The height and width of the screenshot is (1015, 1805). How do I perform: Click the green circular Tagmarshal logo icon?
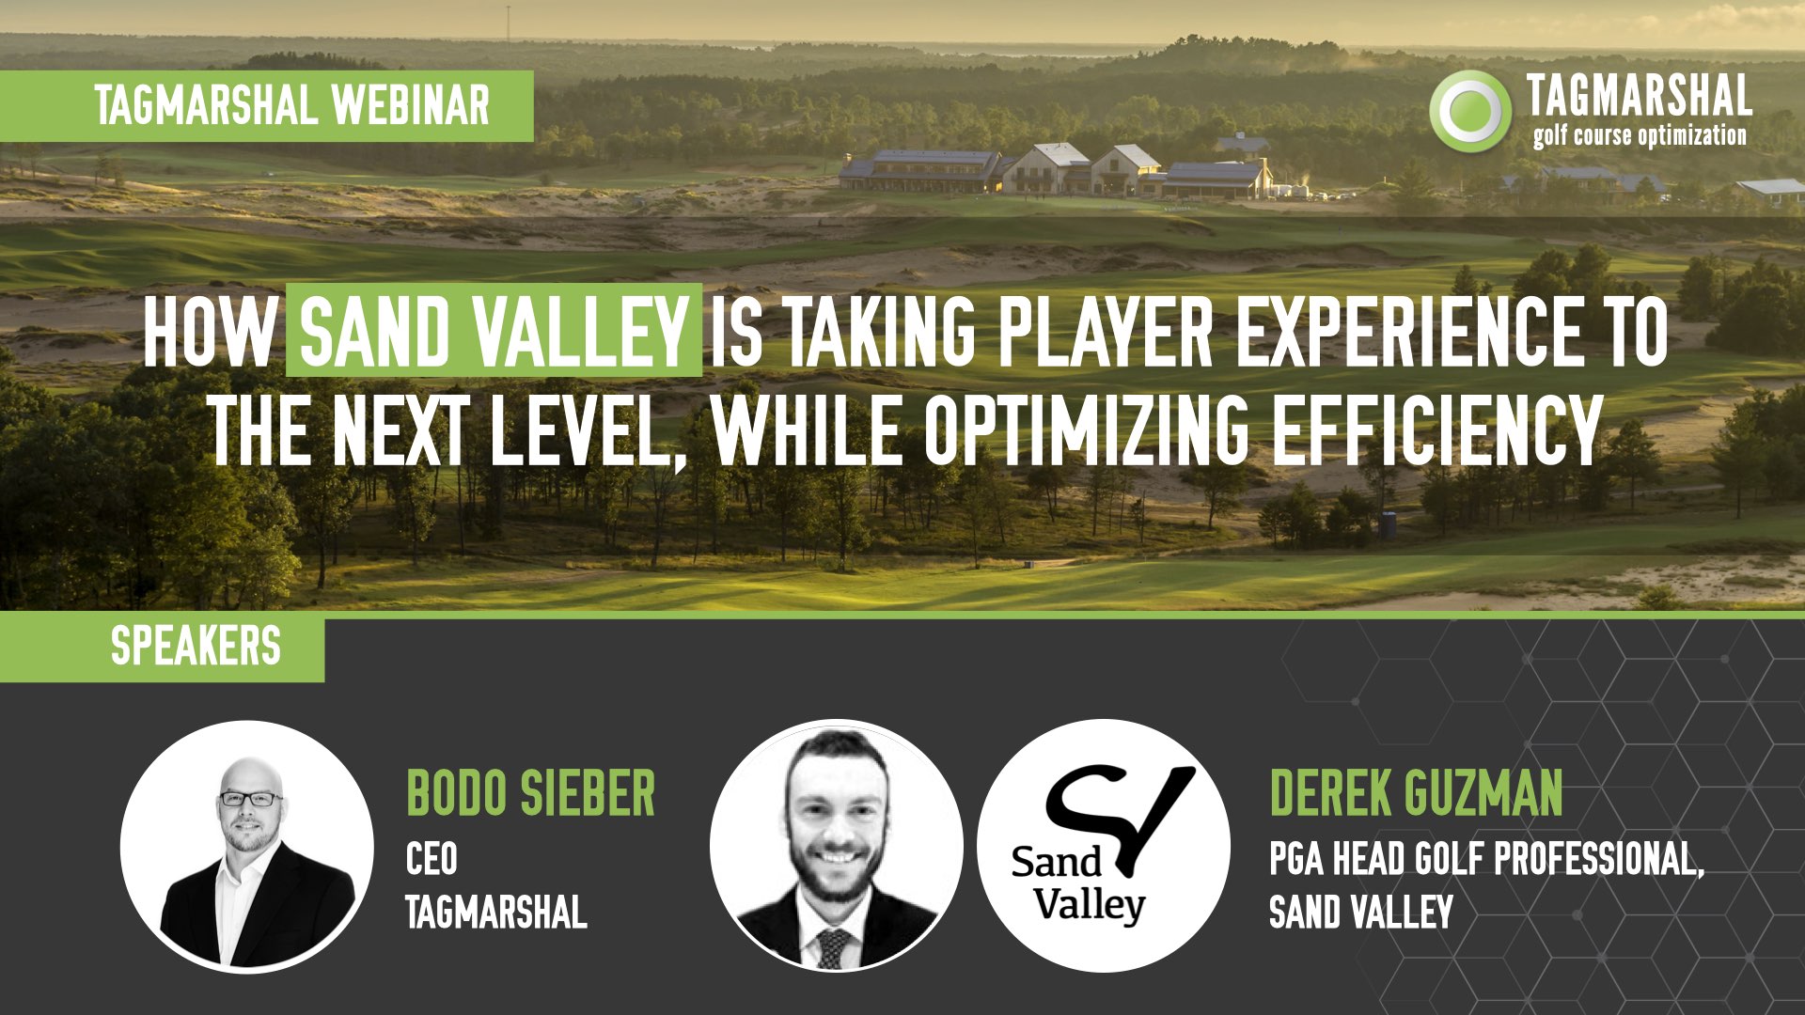[1470, 111]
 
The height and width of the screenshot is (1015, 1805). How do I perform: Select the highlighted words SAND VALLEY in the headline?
[494, 331]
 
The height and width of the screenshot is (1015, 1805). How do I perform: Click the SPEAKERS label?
[196, 647]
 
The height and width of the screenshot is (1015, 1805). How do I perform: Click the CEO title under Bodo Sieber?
[432, 858]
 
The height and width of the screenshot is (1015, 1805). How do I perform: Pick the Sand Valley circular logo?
[1104, 846]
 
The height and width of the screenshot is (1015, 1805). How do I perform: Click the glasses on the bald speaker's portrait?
[250, 799]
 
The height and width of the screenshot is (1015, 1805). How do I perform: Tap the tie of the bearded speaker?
[833, 947]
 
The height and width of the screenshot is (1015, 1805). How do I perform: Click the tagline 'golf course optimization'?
[1640, 135]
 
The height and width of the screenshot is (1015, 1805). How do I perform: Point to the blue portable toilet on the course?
[1388, 524]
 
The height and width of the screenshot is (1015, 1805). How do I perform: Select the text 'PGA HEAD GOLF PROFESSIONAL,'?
[1487, 859]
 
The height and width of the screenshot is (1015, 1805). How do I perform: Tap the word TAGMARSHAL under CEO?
[496, 912]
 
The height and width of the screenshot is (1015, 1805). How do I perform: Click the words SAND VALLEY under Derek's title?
[1361, 912]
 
